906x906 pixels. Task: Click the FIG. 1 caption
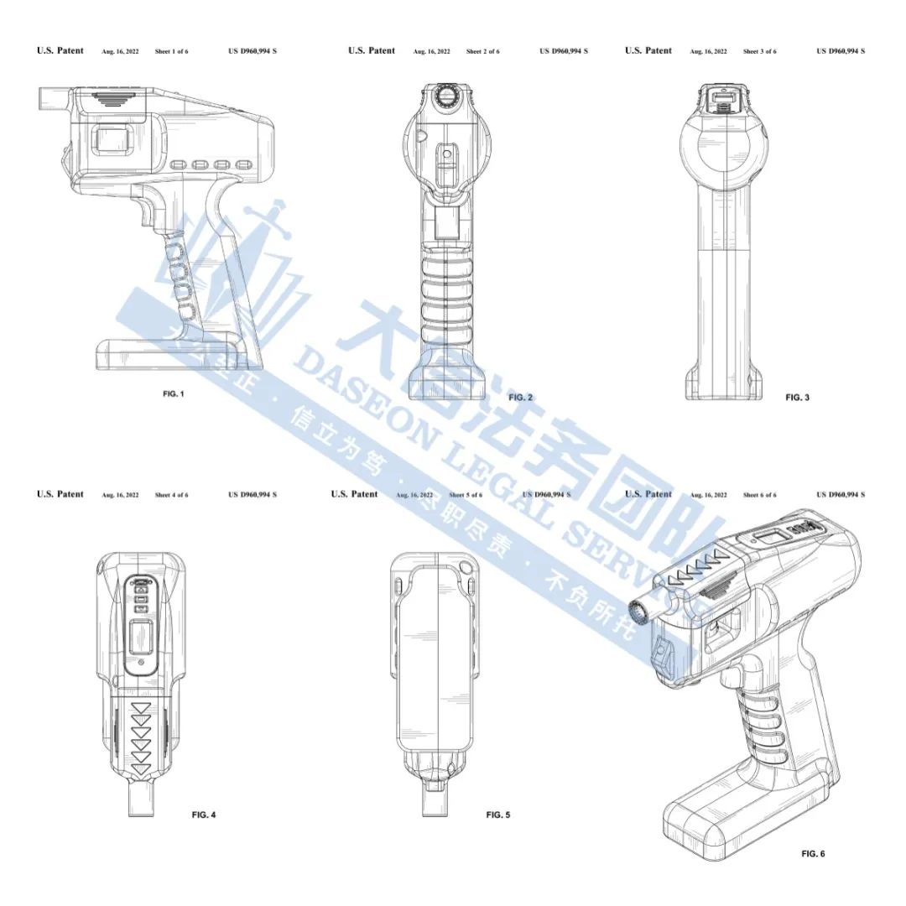pos(173,394)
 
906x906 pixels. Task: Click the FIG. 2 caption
pos(520,397)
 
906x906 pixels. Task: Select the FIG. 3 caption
pos(797,397)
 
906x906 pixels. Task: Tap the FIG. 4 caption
pos(204,815)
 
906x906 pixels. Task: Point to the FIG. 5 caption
pos(497,815)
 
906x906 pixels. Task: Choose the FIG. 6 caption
pos(813,853)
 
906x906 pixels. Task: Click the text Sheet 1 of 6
pos(171,52)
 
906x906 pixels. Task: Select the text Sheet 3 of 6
pos(759,52)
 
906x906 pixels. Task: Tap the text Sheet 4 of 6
pos(171,496)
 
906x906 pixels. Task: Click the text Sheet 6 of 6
pos(759,496)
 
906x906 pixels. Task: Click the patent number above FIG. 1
pos(253,52)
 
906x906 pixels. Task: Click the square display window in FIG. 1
pos(112,139)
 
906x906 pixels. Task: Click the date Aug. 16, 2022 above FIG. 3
pos(707,52)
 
